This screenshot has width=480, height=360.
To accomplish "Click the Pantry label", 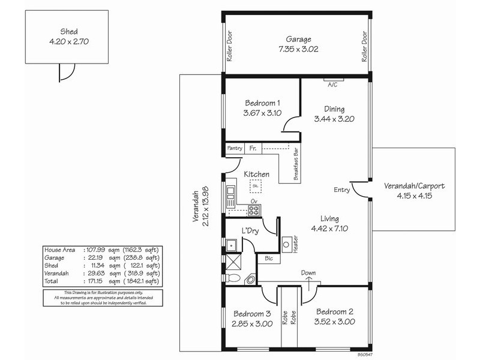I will click(x=233, y=148).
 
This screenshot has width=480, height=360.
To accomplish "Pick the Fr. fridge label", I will click(x=253, y=147).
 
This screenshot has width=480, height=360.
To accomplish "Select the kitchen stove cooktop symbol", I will click(x=254, y=210).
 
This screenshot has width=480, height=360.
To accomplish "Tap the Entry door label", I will click(x=341, y=190).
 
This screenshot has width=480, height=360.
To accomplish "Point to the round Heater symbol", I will click(x=287, y=245).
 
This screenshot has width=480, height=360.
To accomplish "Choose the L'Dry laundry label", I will click(x=250, y=231).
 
